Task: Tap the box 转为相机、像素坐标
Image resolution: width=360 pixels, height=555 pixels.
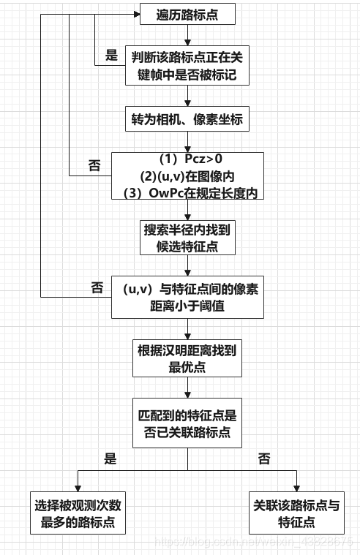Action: point(187,119)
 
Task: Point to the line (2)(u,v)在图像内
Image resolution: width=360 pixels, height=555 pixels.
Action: point(187,176)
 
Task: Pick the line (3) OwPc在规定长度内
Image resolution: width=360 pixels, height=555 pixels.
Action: point(187,192)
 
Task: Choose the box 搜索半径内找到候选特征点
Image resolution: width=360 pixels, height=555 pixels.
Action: point(187,238)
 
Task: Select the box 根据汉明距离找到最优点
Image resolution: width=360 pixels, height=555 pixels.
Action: point(187,358)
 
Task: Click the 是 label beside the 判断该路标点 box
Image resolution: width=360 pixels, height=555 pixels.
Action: point(111,55)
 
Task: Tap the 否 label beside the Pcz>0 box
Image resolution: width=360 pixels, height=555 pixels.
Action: point(94,165)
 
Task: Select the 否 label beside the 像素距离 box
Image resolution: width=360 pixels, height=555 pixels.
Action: point(97,288)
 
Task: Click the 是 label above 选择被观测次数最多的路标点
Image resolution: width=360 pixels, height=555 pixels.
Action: point(110,459)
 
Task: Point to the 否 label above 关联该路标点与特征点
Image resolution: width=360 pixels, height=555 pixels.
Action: point(264,459)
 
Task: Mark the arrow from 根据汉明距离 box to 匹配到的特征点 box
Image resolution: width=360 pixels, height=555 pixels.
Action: point(187,388)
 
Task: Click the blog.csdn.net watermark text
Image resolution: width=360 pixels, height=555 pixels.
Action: point(256,542)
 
